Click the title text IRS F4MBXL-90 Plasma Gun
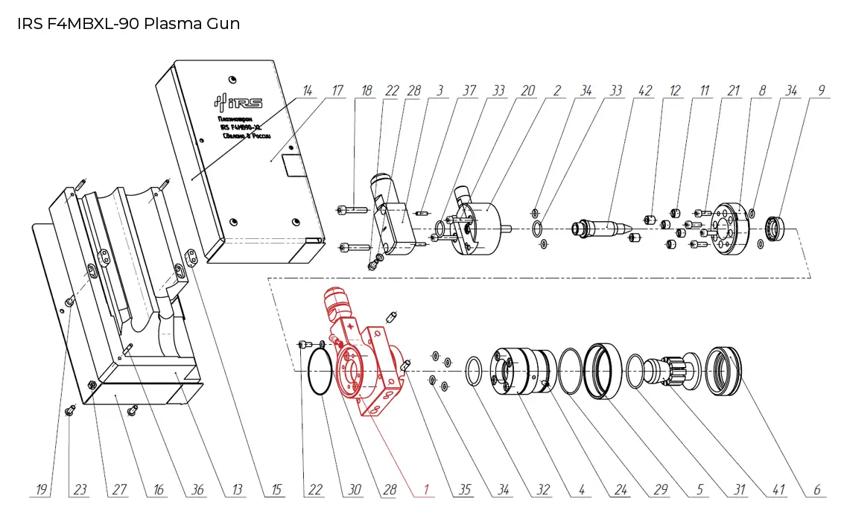pos(128,23)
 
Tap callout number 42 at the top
pos(644,91)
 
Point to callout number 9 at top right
pos(821,91)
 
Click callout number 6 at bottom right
pos(816,489)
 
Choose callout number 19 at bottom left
pos(42,489)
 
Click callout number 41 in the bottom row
pos(777,489)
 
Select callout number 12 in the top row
pos(674,91)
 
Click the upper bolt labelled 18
pos(353,210)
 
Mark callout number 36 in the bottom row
pos(197,489)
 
